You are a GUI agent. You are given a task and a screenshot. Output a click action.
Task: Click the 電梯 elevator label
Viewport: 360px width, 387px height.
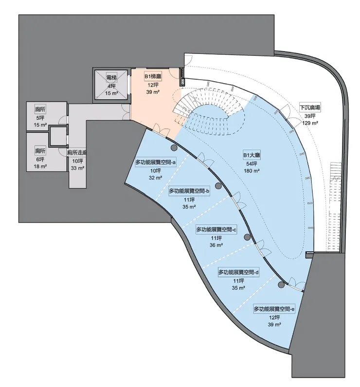pyautogui.click(x=111, y=78)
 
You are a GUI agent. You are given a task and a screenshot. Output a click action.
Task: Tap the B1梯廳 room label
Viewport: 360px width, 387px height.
pyautogui.click(x=153, y=77)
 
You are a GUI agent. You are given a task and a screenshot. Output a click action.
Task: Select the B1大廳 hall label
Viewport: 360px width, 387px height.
pyautogui.click(x=252, y=155)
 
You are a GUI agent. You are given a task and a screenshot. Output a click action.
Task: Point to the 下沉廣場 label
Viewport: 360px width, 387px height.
pyautogui.click(x=310, y=108)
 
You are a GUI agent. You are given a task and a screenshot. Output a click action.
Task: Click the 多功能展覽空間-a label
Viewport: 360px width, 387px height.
pyautogui.click(x=156, y=162)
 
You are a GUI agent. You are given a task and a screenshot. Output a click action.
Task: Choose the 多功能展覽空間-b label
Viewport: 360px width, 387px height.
pyautogui.click(x=189, y=191)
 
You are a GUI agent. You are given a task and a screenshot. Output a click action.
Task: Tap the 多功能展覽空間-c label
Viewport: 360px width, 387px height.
pyautogui.click(x=216, y=230)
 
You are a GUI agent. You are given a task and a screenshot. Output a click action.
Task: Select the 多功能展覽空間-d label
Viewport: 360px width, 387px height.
pyautogui.click(x=238, y=272)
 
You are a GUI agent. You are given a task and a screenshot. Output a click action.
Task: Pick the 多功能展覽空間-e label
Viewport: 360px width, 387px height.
pyautogui.click(x=274, y=309)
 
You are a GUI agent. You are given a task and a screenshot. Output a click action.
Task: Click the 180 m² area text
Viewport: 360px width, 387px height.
pyautogui.click(x=252, y=171)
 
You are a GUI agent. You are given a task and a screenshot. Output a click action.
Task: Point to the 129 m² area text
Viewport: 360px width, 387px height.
pyautogui.click(x=310, y=123)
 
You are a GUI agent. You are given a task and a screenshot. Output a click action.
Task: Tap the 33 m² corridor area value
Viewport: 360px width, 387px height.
pyautogui.click(x=77, y=168)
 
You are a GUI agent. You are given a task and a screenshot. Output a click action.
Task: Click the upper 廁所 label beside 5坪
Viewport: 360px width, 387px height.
pyautogui.click(x=40, y=109)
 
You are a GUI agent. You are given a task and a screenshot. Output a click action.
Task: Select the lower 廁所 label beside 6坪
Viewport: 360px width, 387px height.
pyautogui.click(x=40, y=151)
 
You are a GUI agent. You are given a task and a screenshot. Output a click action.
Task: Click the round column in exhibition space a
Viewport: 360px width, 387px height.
pyautogui.click(x=174, y=148)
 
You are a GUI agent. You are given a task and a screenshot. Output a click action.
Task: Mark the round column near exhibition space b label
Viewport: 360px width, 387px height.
pyautogui.click(x=218, y=186)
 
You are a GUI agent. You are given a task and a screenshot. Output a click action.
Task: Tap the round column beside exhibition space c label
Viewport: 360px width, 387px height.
pyautogui.click(x=247, y=237)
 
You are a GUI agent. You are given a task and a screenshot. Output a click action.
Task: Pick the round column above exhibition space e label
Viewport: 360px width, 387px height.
pyautogui.click(x=281, y=285)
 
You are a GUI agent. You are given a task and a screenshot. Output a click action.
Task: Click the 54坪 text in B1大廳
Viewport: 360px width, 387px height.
pyautogui.click(x=252, y=164)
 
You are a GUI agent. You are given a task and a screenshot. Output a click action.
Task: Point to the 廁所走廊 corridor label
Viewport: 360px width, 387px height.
pyautogui.click(x=77, y=153)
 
